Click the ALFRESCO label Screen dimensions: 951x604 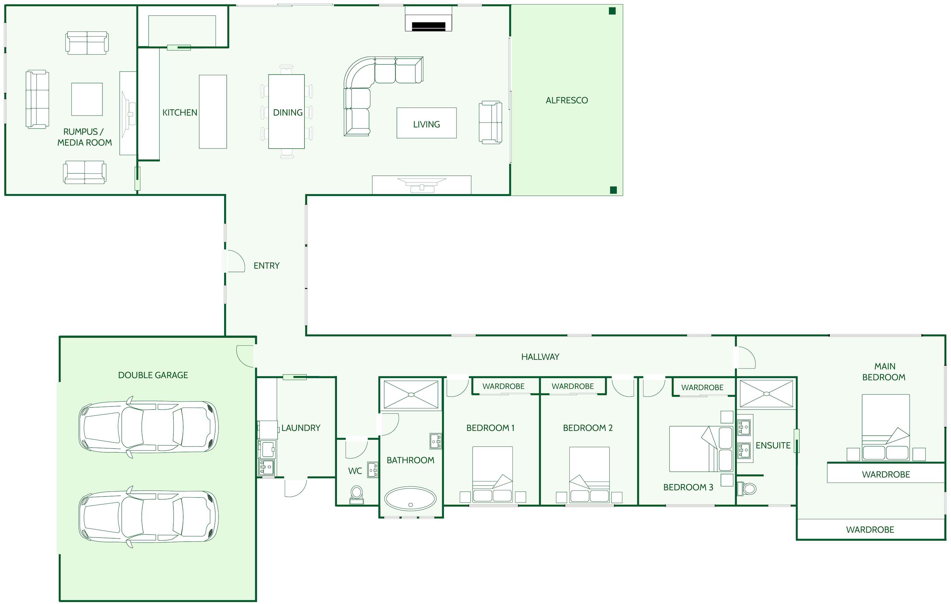click(567, 100)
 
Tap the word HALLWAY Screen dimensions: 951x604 click(540, 357)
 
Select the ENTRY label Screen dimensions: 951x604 click(267, 265)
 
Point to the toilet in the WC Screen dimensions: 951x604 click(357, 494)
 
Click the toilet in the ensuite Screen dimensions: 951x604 click(747, 488)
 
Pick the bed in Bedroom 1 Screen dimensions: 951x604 click(492, 474)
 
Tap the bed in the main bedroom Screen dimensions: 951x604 click(885, 427)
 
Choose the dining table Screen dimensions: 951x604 click(286, 111)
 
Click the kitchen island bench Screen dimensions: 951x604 click(213, 112)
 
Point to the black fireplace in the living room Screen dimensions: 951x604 click(429, 26)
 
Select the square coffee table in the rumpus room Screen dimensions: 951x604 click(87, 99)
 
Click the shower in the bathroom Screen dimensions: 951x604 click(411, 394)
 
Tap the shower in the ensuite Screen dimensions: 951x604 click(766, 393)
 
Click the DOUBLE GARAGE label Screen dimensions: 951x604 click(153, 375)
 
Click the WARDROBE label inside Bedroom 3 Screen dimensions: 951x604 click(702, 388)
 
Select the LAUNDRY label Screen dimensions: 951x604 click(301, 428)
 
